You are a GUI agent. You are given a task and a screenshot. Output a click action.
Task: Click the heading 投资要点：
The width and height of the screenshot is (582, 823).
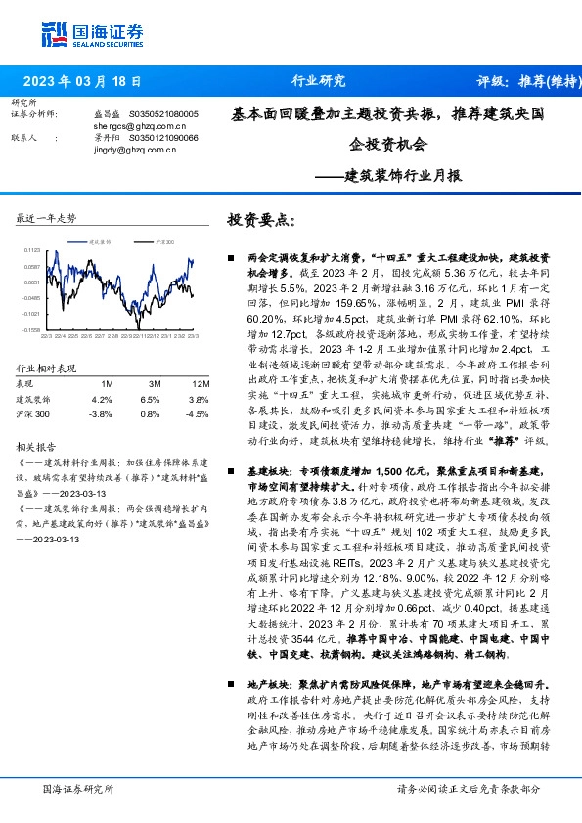click(260, 220)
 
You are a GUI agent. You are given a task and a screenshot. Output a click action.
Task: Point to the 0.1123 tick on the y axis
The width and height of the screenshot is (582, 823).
click(31, 250)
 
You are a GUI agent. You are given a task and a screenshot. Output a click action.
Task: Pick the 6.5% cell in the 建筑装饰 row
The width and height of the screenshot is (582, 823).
click(150, 399)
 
